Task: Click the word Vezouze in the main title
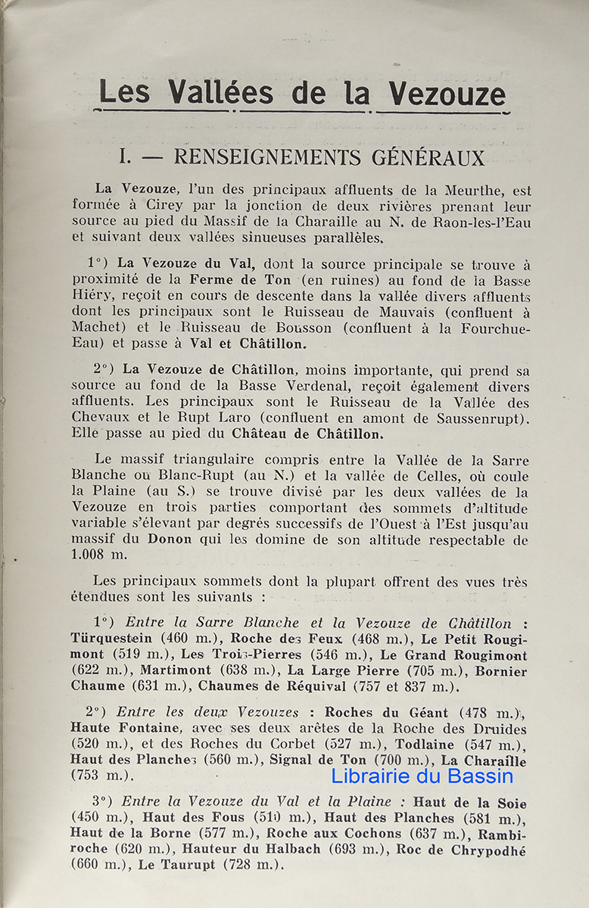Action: click(x=447, y=93)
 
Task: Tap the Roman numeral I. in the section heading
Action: click(x=126, y=157)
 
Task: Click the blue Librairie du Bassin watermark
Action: click(x=422, y=776)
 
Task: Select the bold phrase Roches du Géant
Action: click(x=386, y=713)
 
